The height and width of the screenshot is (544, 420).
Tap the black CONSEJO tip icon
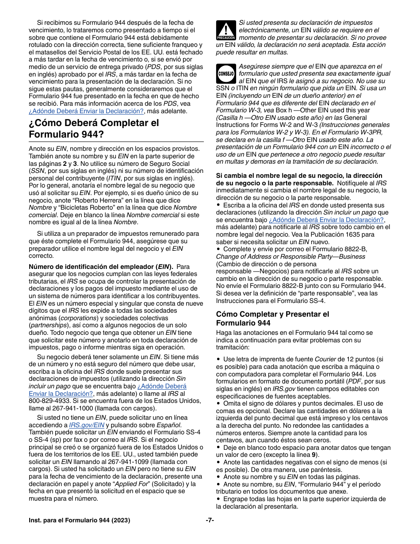225,73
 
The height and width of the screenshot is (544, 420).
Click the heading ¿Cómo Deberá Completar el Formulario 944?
94,128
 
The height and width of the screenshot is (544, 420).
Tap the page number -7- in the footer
210,521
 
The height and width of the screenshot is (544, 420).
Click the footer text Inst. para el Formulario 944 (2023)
79,521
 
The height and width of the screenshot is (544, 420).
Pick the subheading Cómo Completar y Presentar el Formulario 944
272,318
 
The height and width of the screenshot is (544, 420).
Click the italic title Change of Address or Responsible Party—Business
284,256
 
